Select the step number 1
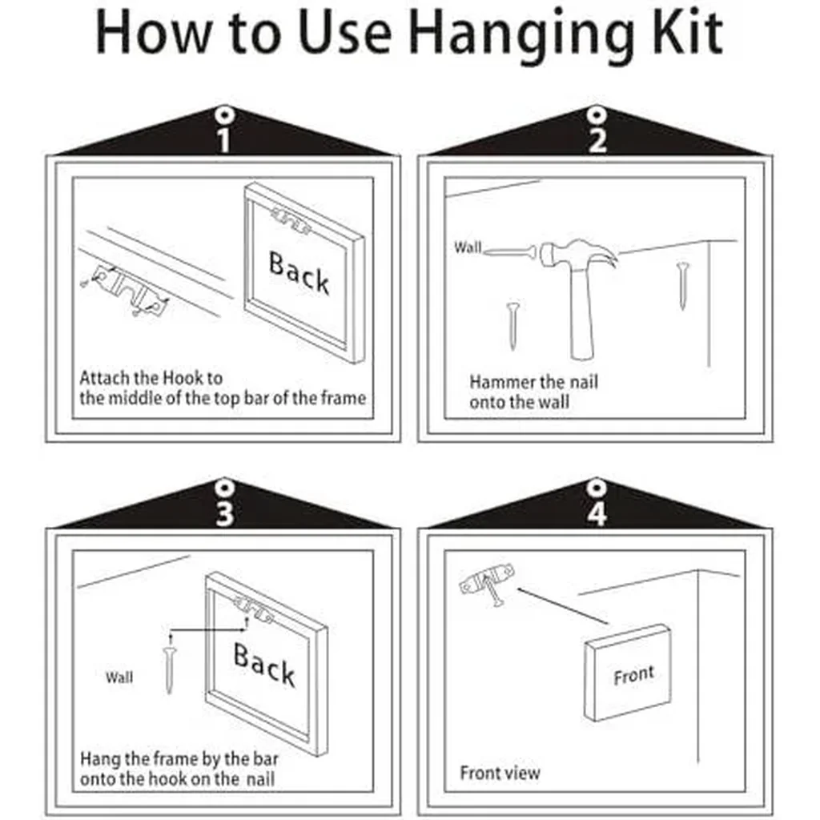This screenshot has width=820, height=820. [224, 140]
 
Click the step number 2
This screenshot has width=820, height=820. [597, 140]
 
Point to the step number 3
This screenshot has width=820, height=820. [224, 512]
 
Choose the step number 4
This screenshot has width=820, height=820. [597, 513]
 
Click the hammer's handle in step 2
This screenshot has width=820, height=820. [582, 314]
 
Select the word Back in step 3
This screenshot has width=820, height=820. [264, 664]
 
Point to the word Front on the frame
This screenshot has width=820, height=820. [634, 676]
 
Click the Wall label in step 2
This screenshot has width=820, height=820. [468, 247]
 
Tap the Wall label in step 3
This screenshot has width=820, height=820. [119, 677]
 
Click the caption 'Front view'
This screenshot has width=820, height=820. [500, 773]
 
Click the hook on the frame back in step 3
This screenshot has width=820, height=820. [253, 610]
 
